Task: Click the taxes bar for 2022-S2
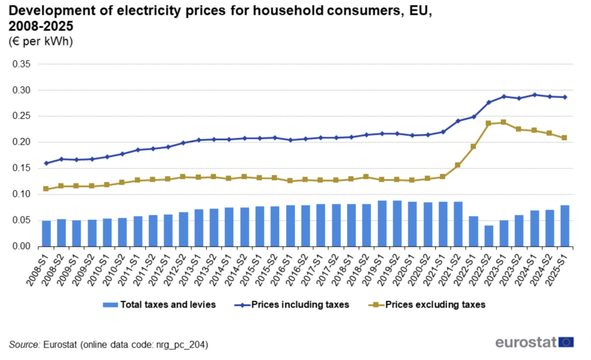[x=488, y=236]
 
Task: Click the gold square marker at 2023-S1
[x=504, y=122]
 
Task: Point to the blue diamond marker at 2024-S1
[x=534, y=95]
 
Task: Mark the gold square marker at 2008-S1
[x=46, y=188]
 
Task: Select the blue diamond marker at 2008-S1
[x=46, y=163]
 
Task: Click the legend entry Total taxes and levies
[x=160, y=304]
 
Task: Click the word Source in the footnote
[x=24, y=344]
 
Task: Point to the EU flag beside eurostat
[x=566, y=342]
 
